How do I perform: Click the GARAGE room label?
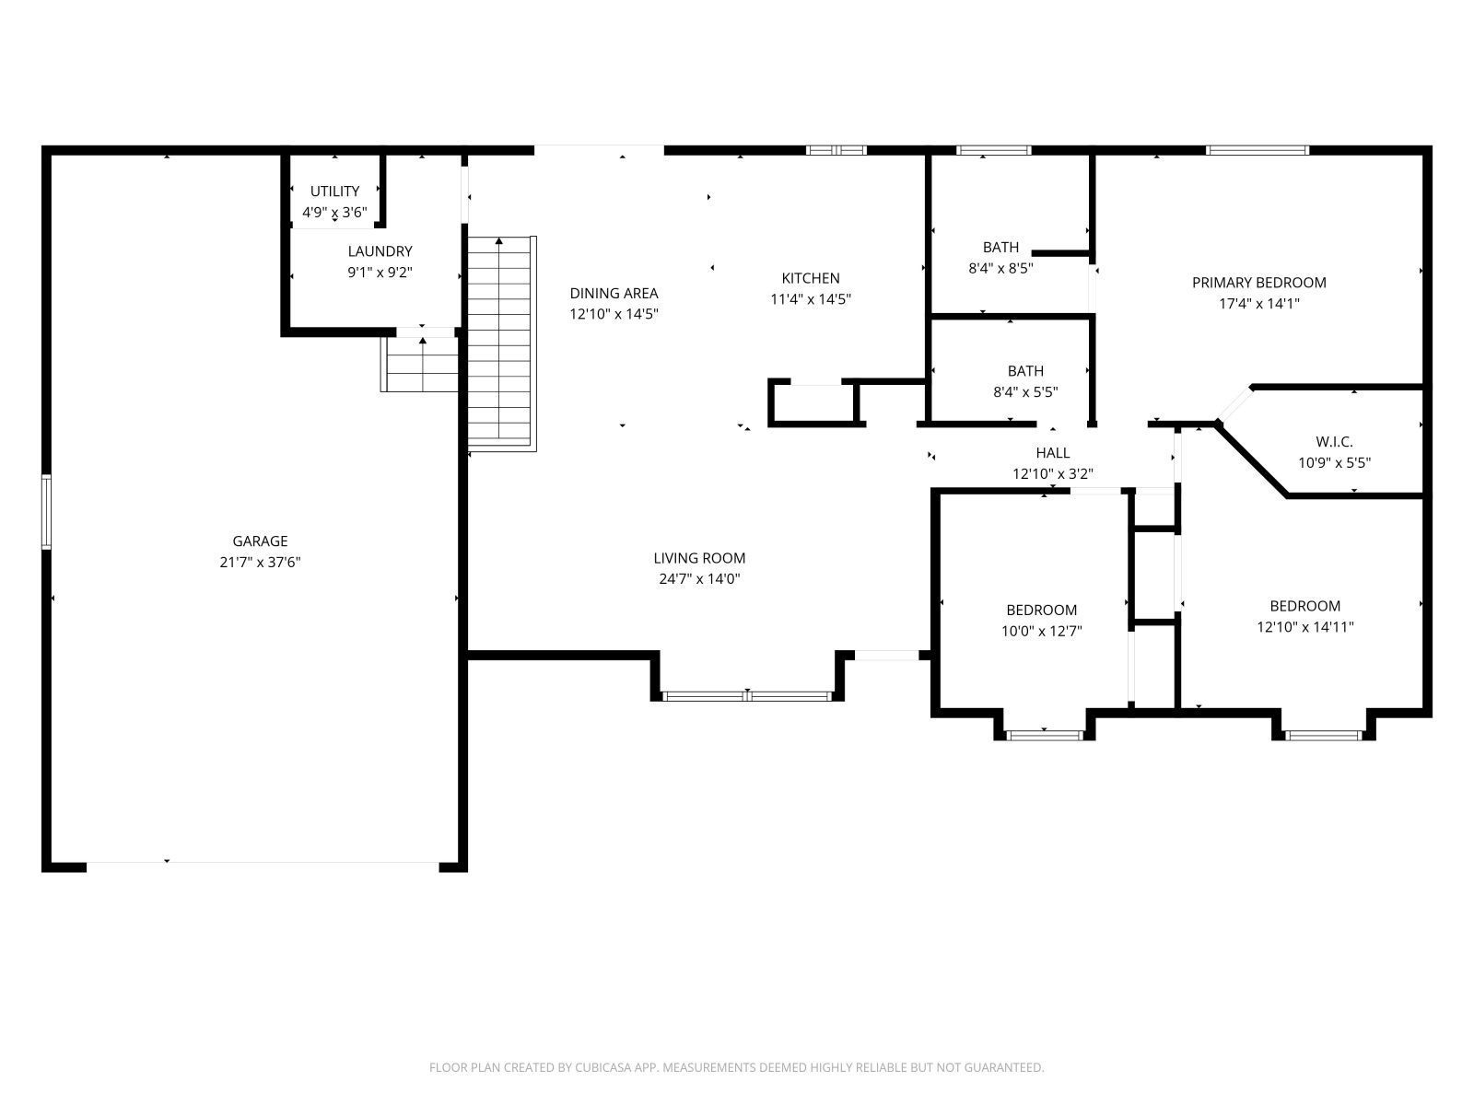pyautogui.click(x=260, y=541)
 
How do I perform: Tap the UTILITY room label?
pyautogui.click(x=334, y=192)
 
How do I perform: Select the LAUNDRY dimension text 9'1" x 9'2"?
pyautogui.click(x=380, y=272)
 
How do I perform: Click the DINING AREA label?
pyautogui.click(x=614, y=293)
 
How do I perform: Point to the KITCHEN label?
pyautogui.click(x=811, y=278)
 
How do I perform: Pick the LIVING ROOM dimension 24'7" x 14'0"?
pyautogui.click(x=699, y=579)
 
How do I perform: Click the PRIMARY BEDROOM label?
pyautogui.click(x=1258, y=283)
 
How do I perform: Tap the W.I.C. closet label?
pyautogui.click(x=1334, y=442)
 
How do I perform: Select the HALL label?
pyautogui.click(x=1052, y=453)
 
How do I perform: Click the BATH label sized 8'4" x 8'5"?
pyautogui.click(x=1000, y=248)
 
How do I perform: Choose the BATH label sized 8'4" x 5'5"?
pyautogui.click(x=1025, y=371)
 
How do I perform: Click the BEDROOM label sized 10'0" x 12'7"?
pyautogui.click(x=1041, y=610)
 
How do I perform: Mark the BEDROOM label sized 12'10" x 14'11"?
pyautogui.click(x=1304, y=606)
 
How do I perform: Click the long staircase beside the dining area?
pyautogui.click(x=500, y=341)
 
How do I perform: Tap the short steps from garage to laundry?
pyautogui.click(x=421, y=365)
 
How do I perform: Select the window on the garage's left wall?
pyautogui.click(x=46, y=512)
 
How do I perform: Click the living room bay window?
pyautogui.click(x=747, y=695)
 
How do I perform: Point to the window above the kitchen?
pyautogui.click(x=836, y=150)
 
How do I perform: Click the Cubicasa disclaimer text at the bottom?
pyautogui.click(x=736, y=1068)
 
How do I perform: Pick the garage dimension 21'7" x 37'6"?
pyautogui.click(x=260, y=563)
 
